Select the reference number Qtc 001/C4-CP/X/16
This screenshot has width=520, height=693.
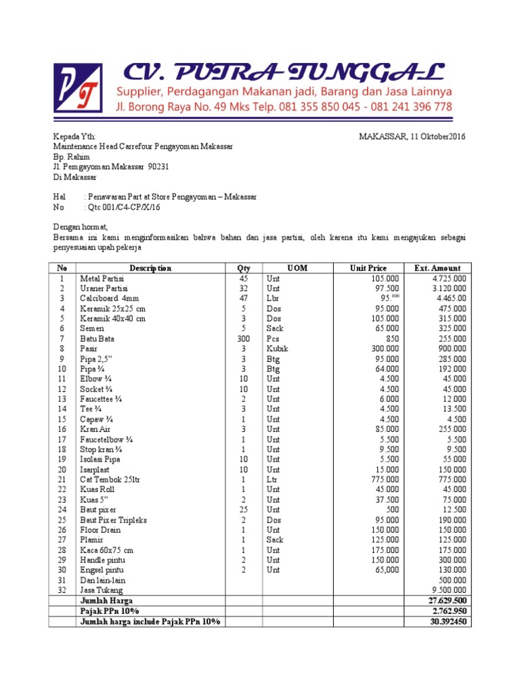[x=122, y=207]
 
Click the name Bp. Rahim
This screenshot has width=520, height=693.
[x=71, y=156]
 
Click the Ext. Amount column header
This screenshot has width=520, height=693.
[x=437, y=268]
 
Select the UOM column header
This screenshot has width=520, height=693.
[x=297, y=268]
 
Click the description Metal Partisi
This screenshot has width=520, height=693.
[x=102, y=279]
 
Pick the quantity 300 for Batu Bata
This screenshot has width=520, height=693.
[x=243, y=339]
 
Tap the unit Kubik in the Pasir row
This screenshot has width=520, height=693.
[x=278, y=349]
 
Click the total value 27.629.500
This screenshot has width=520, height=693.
[x=447, y=600]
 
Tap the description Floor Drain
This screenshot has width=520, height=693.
[x=100, y=530]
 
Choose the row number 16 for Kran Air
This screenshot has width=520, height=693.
[x=62, y=429]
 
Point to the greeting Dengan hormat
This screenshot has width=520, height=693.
[x=81, y=227]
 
